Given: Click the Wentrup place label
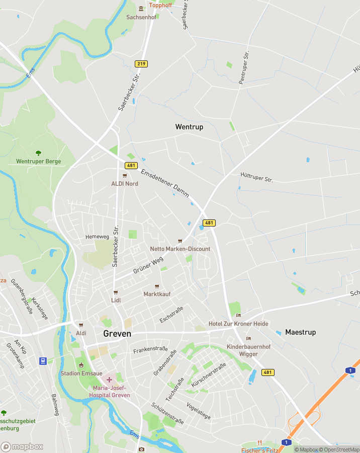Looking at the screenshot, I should [189, 127].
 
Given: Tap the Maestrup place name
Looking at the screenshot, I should [300, 332].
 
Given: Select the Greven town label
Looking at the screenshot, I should [117, 334].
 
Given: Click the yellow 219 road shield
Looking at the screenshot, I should [141, 64].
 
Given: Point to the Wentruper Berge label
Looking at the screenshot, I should [39, 162].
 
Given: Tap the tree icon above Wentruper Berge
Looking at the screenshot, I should [39, 153].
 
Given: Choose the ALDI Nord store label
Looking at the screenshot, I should [125, 184].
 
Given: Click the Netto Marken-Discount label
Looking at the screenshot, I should [180, 249].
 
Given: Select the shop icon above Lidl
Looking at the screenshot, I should [116, 292].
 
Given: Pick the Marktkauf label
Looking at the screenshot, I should [156, 293].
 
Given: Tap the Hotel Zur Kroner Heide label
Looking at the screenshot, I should [238, 324].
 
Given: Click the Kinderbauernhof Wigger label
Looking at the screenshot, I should [248, 347].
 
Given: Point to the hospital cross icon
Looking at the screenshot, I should [109, 379].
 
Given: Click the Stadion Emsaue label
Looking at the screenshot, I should [81, 373].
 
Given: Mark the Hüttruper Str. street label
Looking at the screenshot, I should [256, 176].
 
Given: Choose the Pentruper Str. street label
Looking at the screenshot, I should [244, 67].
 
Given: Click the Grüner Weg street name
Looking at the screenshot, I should [148, 265].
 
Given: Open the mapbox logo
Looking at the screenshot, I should [22, 446].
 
